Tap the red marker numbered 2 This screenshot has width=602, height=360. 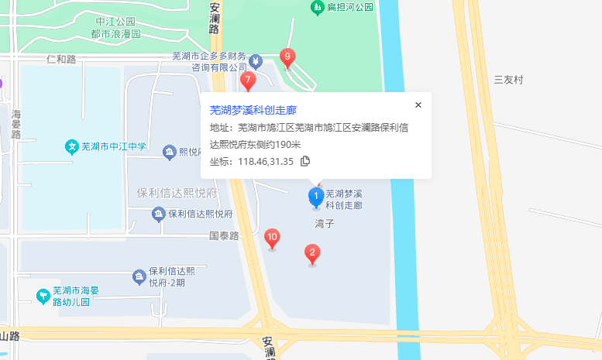click(312, 252)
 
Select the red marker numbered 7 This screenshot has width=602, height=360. click(248, 81)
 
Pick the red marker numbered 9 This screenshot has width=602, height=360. click(287, 57)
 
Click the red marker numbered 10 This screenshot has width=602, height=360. click(272, 238)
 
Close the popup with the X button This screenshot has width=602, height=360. click(418, 105)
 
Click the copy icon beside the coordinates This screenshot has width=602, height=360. click(305, 161)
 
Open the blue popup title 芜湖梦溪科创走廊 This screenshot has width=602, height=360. click(253, 110)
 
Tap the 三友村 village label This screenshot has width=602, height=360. click(509, 80)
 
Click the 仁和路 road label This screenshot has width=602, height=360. click(61, 59)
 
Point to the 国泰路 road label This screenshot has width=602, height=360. click(225, 235)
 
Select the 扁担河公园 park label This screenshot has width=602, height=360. click(350, 7)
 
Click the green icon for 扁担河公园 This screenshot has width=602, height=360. click(317, 7)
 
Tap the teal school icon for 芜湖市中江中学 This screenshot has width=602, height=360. click(71, 146)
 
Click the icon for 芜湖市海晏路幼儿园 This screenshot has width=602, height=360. click(45, 296)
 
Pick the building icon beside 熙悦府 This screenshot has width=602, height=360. click(169, 152)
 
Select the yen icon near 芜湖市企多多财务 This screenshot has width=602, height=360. click(256, 60)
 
